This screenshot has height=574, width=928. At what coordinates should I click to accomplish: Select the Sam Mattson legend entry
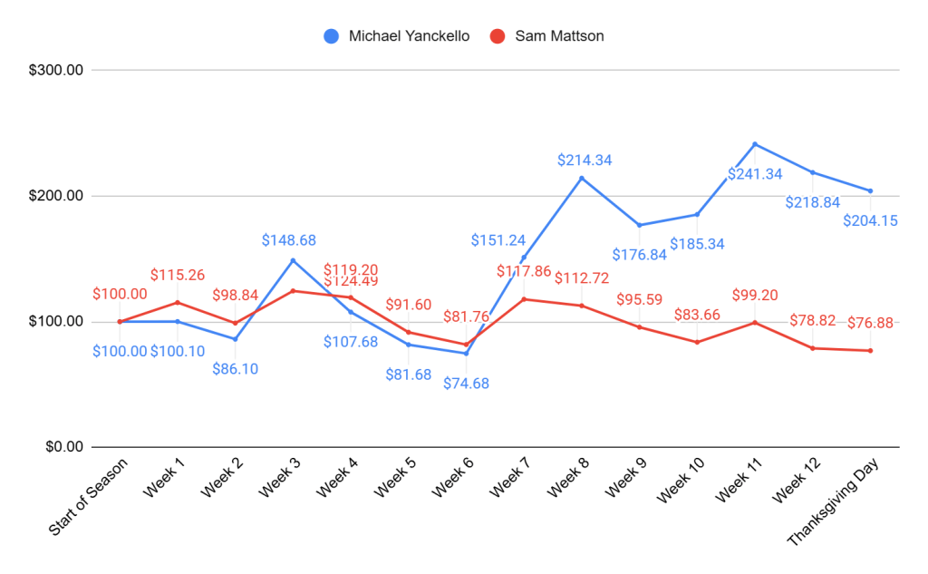[x=546, y=36]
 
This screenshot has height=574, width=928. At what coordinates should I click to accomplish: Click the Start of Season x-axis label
[x=91, y=498]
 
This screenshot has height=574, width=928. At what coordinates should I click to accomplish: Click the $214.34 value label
[x=585, y=161]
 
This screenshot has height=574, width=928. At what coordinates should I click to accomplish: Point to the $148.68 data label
[x=289, y=240]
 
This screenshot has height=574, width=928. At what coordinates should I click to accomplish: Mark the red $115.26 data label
[x=178, y=274]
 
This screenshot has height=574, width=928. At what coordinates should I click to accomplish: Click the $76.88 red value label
[x=871, y=323]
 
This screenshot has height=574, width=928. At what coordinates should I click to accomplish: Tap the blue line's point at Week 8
[x=581, y=178]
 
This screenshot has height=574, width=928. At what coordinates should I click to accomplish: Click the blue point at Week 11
[x=754, y=144]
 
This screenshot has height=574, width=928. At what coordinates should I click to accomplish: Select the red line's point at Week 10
[x=697, y=342]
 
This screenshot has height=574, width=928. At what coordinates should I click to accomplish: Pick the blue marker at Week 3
[x=293, y=260]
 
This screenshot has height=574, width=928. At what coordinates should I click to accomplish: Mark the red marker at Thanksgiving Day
[x=870, y=351]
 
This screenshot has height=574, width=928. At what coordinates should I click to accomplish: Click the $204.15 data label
[x=870, y=220]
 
